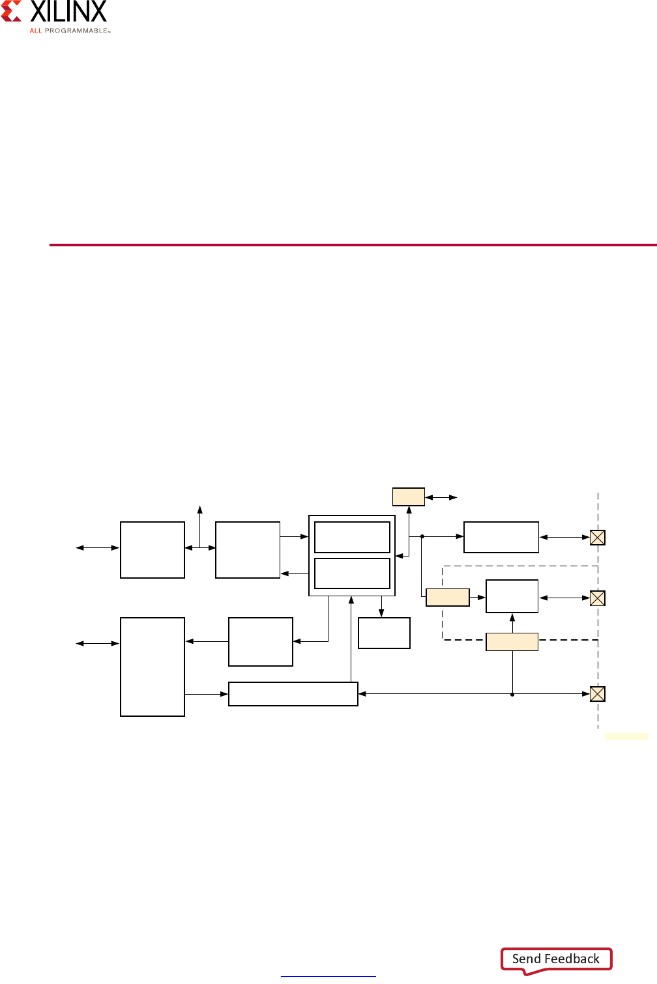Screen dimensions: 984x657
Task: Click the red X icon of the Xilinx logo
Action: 12,11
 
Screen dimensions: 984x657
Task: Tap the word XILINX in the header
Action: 68,12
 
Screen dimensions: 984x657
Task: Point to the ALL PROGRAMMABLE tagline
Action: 70,31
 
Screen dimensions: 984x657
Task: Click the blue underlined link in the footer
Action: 328,976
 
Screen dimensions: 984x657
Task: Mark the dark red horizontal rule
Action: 353,245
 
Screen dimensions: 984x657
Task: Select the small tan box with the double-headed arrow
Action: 409,497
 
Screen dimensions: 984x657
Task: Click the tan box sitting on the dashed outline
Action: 512,642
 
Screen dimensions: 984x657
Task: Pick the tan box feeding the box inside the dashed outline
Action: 447,598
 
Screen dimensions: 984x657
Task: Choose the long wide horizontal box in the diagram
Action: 293,694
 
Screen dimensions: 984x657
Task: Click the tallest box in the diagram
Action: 153,667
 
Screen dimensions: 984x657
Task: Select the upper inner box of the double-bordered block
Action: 352,537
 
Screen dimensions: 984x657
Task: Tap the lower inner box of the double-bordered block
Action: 352,573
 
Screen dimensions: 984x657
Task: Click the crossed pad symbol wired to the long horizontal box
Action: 597,694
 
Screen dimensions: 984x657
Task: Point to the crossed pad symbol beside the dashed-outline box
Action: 597,598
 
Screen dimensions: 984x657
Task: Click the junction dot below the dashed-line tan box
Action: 512,694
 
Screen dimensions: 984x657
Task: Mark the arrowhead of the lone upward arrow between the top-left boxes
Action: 200,508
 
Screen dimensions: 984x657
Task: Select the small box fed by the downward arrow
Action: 384,633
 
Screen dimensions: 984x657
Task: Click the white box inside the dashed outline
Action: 512,596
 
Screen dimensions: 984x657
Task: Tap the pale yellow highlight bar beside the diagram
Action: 626,736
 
